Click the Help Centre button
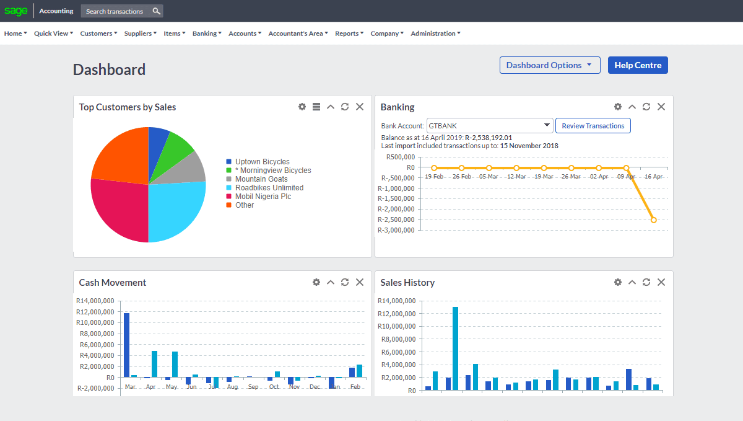tap(638, 65)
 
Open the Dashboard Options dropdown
tap(549, 65)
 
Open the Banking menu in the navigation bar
tap(207, 33)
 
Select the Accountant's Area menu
tap(298, 33)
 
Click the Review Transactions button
tap(593, 126)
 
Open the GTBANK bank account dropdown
tap(489, 126)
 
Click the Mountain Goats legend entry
tap(261, 179)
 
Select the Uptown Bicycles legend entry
tap(262, 162)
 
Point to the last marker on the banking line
tap(653, 220)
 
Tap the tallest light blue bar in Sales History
tap(456, 348)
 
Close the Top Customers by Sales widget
tap(360, 107)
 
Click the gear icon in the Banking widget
tap(617, 107)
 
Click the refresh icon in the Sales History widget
tap(646, 282)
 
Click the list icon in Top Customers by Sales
tap(316, 107)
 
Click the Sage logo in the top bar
tap(16, 11)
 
